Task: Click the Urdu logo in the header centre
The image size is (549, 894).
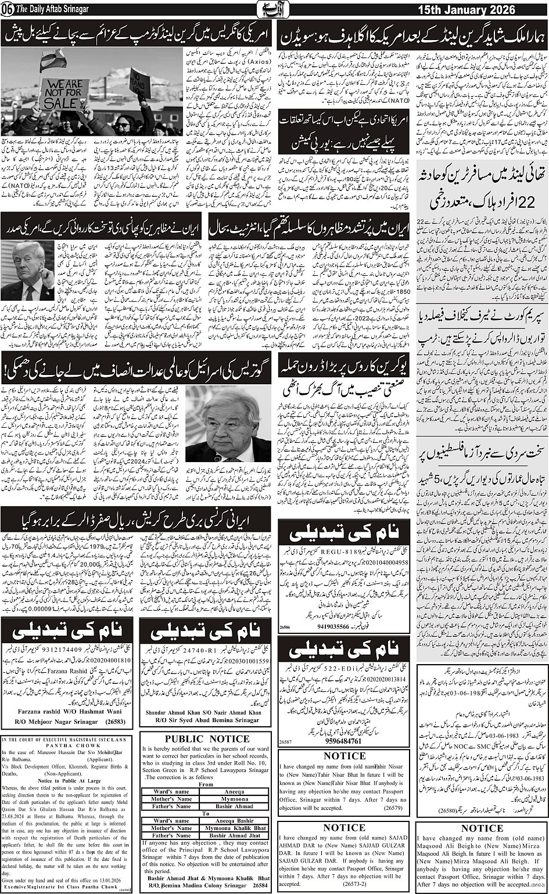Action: (274, 10)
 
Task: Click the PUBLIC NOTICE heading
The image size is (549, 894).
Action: (207, 739)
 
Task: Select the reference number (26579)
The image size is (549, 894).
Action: (394, 807)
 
